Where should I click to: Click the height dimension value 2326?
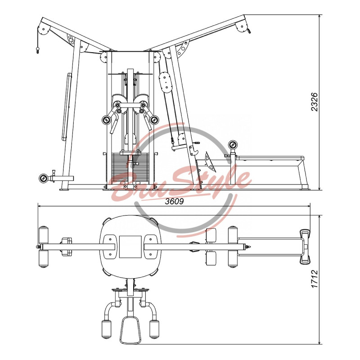tap(314, 102)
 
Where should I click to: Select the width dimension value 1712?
tap(314, 279)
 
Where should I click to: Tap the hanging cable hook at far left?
tap(38, 50)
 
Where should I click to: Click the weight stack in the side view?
tap(130, 168)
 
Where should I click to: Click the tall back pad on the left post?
tap(66, 107)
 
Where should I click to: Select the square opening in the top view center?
tap(130, 247)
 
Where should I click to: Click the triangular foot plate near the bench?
tap(210, 162)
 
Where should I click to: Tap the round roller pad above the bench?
tap(232, 145)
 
